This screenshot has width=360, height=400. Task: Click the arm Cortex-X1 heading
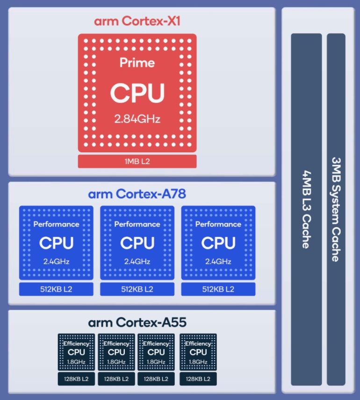(137, 21)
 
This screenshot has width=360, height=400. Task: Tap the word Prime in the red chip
(137, 62)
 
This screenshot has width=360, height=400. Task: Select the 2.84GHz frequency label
(137, 119)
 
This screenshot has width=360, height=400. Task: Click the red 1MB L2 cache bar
(137, 161)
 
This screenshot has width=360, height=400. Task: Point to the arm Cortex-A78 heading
(137, 193)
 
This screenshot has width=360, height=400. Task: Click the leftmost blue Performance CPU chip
(56, 243)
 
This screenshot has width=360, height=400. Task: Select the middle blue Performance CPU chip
(137, 243)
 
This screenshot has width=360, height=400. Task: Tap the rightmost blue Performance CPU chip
(218, 243)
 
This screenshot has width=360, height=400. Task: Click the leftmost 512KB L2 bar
(56, 289)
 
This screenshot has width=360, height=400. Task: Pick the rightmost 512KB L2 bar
(218, 289)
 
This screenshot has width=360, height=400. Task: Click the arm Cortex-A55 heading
(137, 322)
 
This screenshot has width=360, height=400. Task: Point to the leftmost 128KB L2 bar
(76, 379)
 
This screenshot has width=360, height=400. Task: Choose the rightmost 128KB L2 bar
(198, 379)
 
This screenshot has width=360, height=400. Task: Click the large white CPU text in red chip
(137, 93)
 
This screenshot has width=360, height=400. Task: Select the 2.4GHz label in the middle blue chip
(137, 261)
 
